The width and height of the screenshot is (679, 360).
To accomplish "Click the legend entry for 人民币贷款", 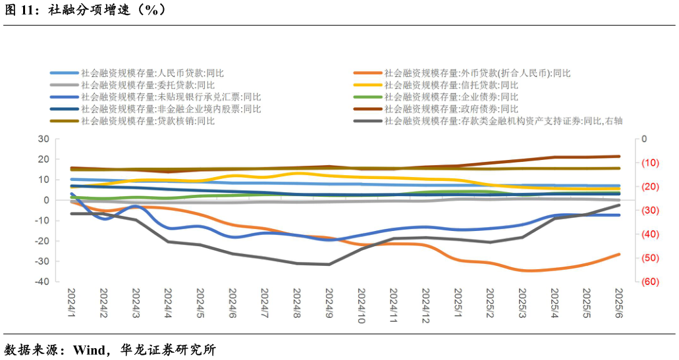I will pos(152,73).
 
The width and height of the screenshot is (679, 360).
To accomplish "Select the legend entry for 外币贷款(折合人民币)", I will pos(477,73).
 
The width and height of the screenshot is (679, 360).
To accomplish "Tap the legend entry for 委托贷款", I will pos(148,85).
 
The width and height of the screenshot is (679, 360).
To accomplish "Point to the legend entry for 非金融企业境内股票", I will pos(171,109).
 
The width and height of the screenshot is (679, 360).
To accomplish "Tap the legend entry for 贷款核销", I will pos(148,120).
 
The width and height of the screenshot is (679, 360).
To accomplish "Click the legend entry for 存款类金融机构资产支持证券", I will pos(503,120).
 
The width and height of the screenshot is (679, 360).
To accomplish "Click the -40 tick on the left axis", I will pos(41,282).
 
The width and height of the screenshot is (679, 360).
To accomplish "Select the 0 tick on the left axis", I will pos(46,200).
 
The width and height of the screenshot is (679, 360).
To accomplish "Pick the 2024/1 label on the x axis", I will pos(71,303).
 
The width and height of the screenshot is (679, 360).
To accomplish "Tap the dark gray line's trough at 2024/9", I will pos(329,265).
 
